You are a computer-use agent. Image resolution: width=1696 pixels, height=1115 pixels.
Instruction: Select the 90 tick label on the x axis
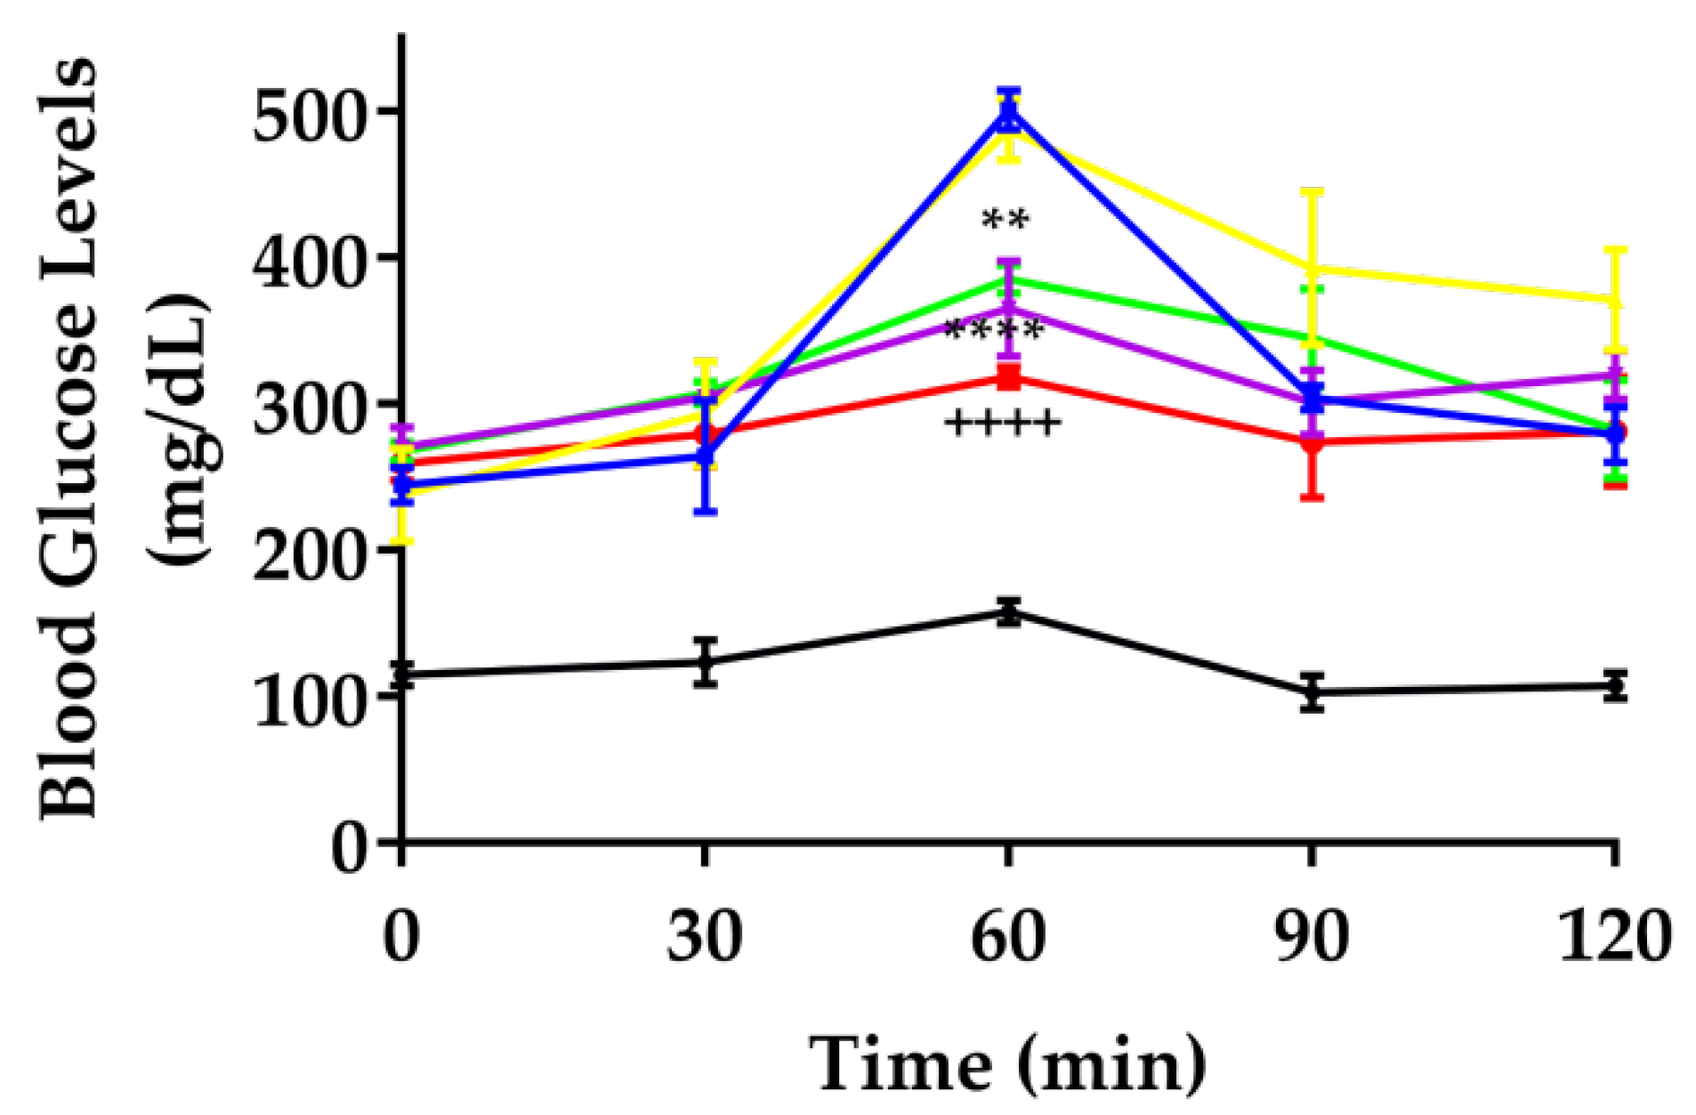point(1311,937)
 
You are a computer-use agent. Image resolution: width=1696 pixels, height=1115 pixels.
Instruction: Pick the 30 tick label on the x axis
point(704,937)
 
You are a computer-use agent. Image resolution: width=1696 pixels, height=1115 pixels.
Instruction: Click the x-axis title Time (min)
point(1008,1064)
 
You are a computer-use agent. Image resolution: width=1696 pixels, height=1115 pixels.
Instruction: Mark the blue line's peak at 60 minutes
point(1008,112)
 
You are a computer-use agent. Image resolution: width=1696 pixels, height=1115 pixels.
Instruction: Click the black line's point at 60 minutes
point(1008,612)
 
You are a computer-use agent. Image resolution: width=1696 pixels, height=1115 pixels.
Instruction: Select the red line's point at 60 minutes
point(1008,377)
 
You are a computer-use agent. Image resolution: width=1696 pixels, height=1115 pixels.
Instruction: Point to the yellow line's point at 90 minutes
point(1312,268)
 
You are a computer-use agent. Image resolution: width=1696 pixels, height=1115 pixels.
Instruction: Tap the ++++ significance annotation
point(1002,423)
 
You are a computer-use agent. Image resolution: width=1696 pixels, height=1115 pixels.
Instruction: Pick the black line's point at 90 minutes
point(1312,691)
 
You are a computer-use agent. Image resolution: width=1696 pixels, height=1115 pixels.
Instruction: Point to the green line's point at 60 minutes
point(1008,279)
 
